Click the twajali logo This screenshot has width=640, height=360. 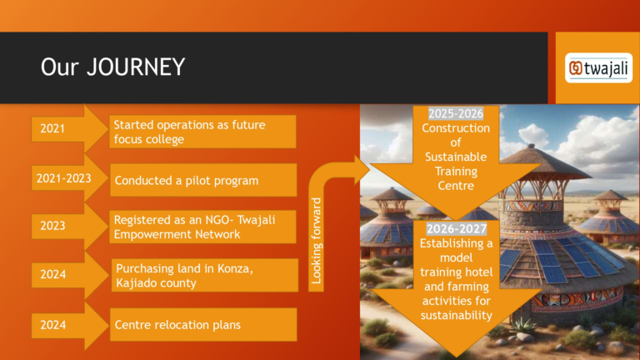tap(598, 67)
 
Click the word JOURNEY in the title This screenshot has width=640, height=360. tap(136, 67)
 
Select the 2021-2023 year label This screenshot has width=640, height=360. tap(63, 178)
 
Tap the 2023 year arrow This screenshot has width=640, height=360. tap(69, 226)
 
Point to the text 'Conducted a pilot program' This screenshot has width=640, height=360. tap(187, 180)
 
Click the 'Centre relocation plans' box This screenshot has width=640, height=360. tap(203, 324)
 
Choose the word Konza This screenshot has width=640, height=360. tap(236, 268)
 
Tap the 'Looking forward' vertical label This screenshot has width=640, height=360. tap(317, 241)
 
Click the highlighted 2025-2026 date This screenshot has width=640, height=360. tap(456, 113)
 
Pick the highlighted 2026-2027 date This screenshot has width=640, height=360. tap(457, 228)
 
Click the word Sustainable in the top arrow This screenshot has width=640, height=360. tap(456, 157)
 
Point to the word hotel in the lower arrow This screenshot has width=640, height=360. tap(479, 272)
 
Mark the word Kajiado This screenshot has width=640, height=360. tap(137, 282)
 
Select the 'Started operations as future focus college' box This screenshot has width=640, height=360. tap(202, 132)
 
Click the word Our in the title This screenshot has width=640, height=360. tap(60, 67)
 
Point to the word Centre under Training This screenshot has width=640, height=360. tap(456, 186)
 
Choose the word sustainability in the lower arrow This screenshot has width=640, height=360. tap(457, 316)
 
